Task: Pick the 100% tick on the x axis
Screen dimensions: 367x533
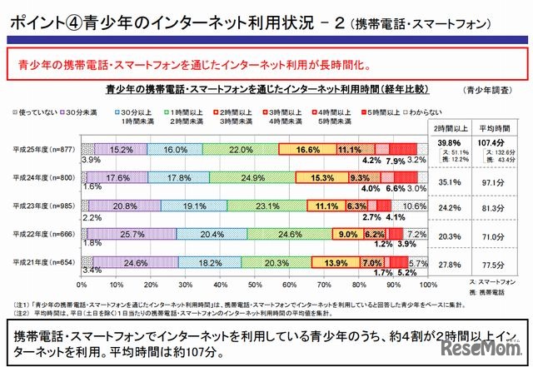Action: tap(427, 284)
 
